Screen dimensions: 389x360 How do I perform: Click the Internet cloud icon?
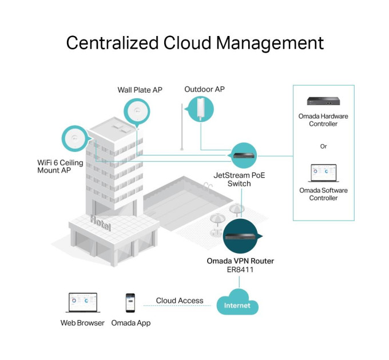237,303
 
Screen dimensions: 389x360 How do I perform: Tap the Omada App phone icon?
130,302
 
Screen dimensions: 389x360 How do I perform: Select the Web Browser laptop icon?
83,302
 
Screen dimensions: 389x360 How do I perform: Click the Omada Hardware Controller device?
323,101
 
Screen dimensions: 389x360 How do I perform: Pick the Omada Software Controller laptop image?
324,173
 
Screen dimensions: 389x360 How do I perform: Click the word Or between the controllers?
323,146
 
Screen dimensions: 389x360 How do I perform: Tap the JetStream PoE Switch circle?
244,155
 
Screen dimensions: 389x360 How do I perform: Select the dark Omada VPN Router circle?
240,236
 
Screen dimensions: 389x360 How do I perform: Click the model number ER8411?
240,269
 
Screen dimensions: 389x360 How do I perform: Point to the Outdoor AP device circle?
201,109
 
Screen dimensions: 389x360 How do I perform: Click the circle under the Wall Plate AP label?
137,111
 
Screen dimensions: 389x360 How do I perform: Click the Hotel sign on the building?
101,223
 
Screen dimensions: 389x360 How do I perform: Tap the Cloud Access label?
180,301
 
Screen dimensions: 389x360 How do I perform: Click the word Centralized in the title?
112,43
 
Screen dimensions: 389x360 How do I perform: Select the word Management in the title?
270,43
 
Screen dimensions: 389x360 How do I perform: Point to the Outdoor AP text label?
204,89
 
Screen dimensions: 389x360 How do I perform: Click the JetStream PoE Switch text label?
239,179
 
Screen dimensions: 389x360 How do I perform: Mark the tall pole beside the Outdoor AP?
182,127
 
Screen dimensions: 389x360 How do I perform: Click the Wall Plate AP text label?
140,90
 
